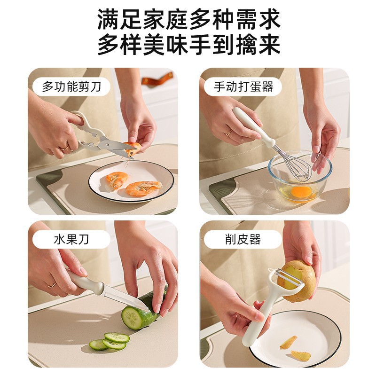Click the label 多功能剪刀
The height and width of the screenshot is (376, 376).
point(71,87)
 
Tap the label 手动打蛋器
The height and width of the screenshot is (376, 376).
point(243,87)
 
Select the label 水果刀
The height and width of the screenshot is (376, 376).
point(71,240)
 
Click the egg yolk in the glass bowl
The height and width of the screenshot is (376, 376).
point(301,192)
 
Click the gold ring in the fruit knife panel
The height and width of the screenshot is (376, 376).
point(52,285)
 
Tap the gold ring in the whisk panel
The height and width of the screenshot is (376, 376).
point(228,133)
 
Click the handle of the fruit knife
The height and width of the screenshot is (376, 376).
point(85,282)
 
